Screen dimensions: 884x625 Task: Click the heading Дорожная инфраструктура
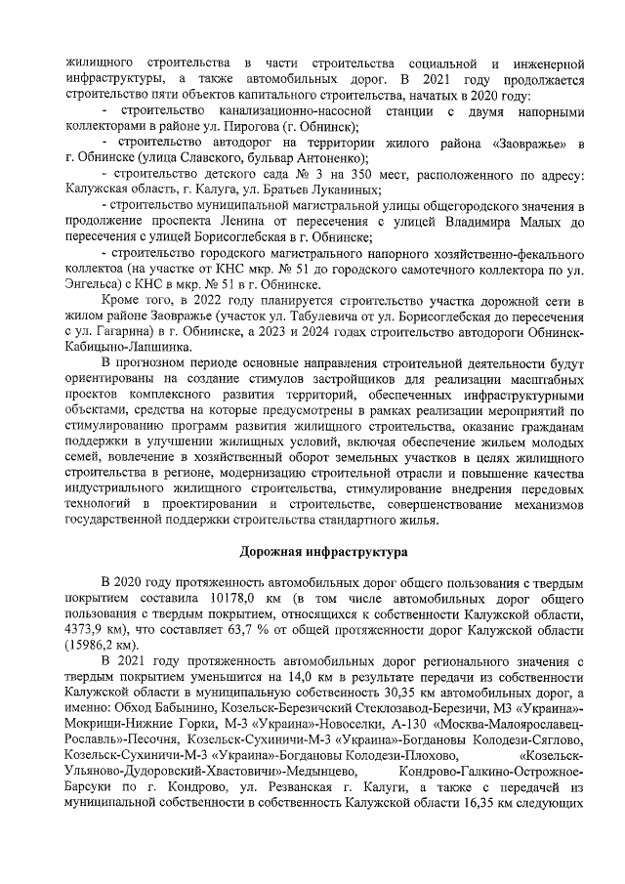point(312,552)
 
